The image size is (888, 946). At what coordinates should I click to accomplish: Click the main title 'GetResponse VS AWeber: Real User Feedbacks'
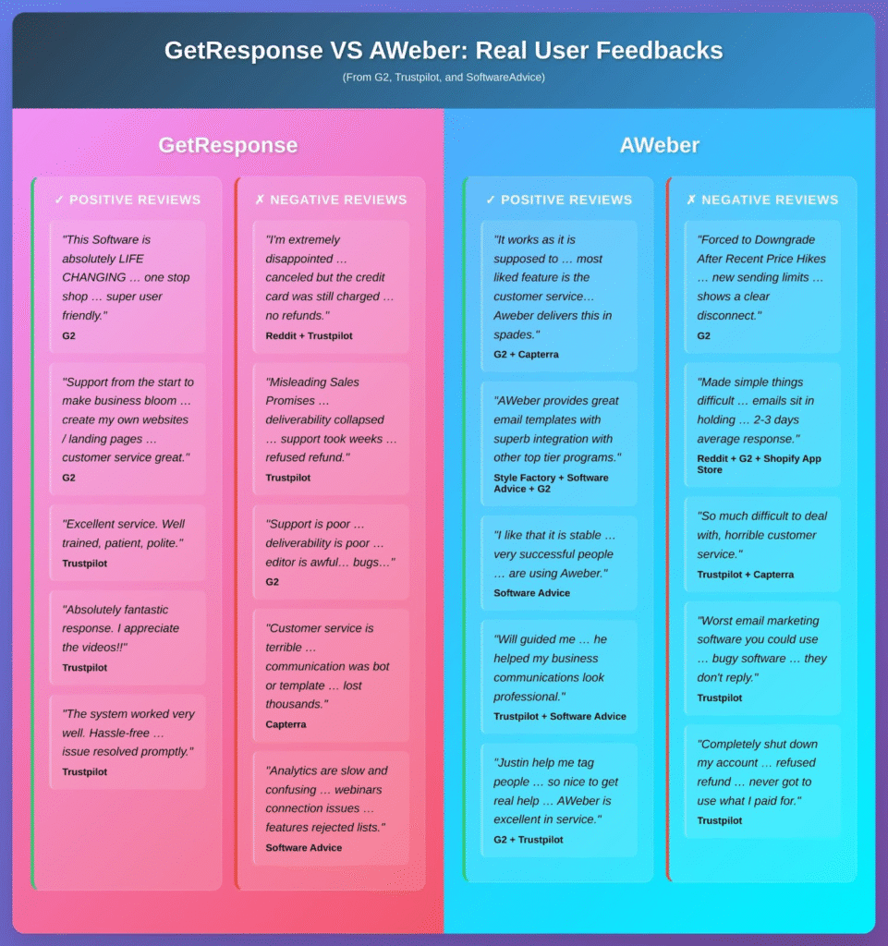(x=444, y=50)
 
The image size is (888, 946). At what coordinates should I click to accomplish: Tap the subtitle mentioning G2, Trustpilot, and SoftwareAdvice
(x=444, y=77)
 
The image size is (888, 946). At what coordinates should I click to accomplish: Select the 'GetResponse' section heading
(x=227, y=145)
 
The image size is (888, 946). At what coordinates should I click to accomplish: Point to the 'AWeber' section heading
(x=660, y=145)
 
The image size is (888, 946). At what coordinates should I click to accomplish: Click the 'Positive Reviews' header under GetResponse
(x=128, y=200)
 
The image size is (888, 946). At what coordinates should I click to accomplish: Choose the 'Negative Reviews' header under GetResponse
(x=331, y=200)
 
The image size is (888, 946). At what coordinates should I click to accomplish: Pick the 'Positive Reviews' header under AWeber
(x=559, y=200)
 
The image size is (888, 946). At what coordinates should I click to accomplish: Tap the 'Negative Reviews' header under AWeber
(x=762, y=200)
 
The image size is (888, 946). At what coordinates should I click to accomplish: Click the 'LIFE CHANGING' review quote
(x=127, y=277)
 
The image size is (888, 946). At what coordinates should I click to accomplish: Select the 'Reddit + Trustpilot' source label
(x=309, y=335)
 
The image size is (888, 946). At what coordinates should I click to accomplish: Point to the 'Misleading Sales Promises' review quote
(x=331, y=419)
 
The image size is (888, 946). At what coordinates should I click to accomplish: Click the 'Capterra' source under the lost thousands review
(x=286, y=724)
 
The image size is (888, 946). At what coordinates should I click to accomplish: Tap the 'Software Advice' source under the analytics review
(x=303, y=847)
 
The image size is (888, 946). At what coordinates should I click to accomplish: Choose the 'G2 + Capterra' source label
(x=526, y=354)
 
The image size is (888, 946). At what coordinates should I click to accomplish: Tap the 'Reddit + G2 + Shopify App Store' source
(x=759, y=464)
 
